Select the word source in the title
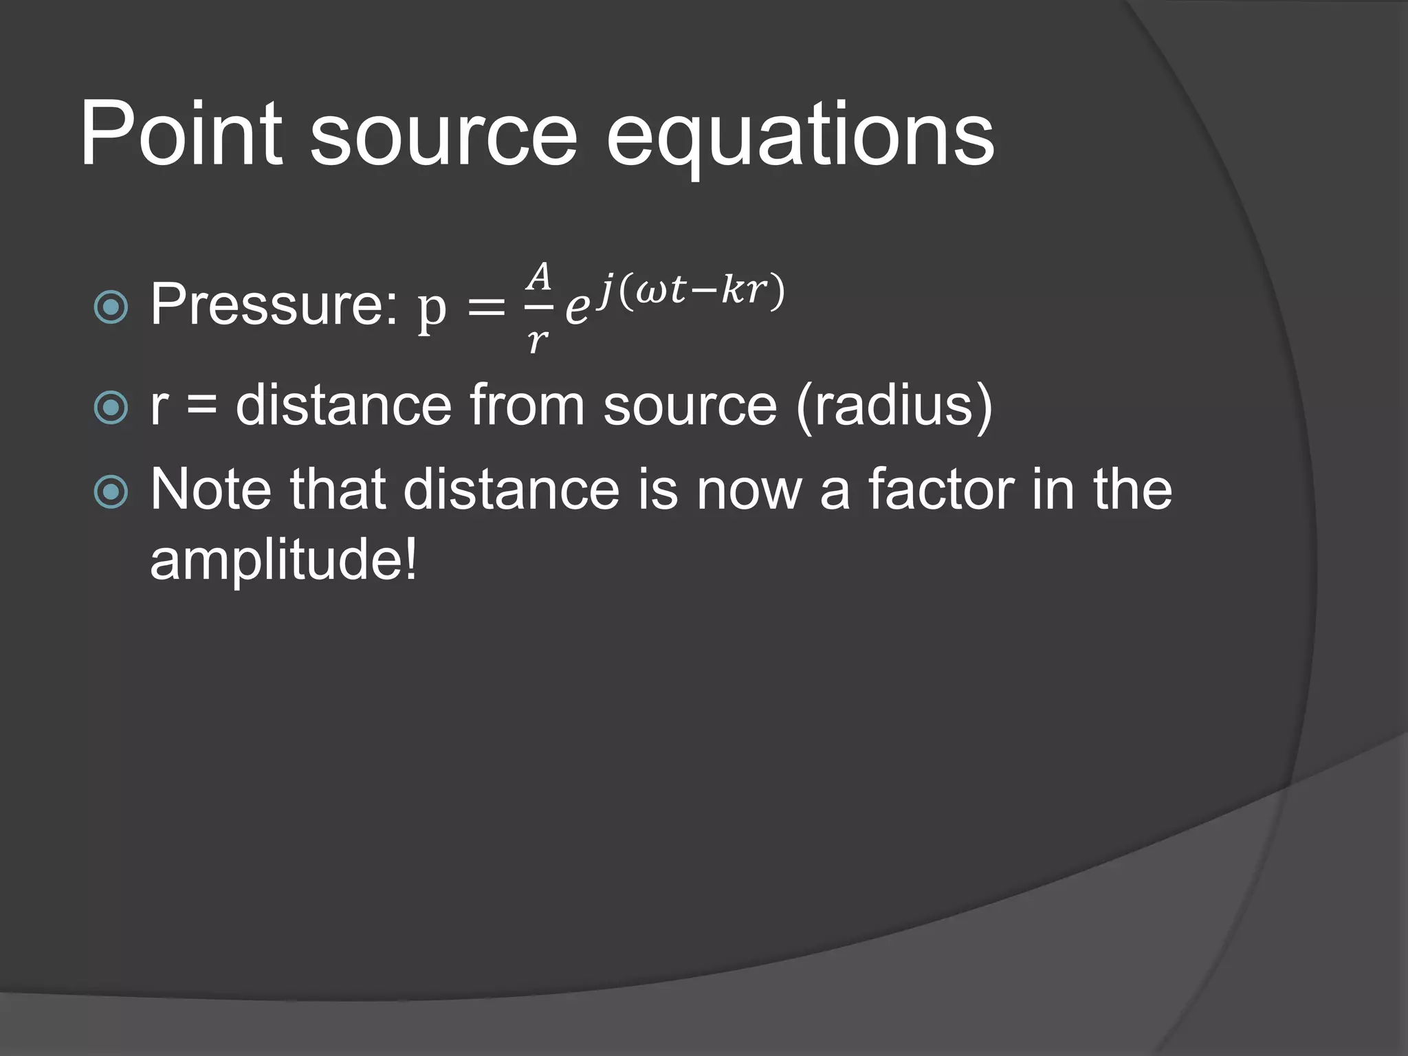point(443,137)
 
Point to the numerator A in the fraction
point(539,276)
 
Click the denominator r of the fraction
point(538,340)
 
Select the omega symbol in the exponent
point(650,290)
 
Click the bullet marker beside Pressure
point(111,307)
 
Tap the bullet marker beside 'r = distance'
point(111,407)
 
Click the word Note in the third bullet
point(210,489)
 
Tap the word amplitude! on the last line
point(283,560)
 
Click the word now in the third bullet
point(749,489)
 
